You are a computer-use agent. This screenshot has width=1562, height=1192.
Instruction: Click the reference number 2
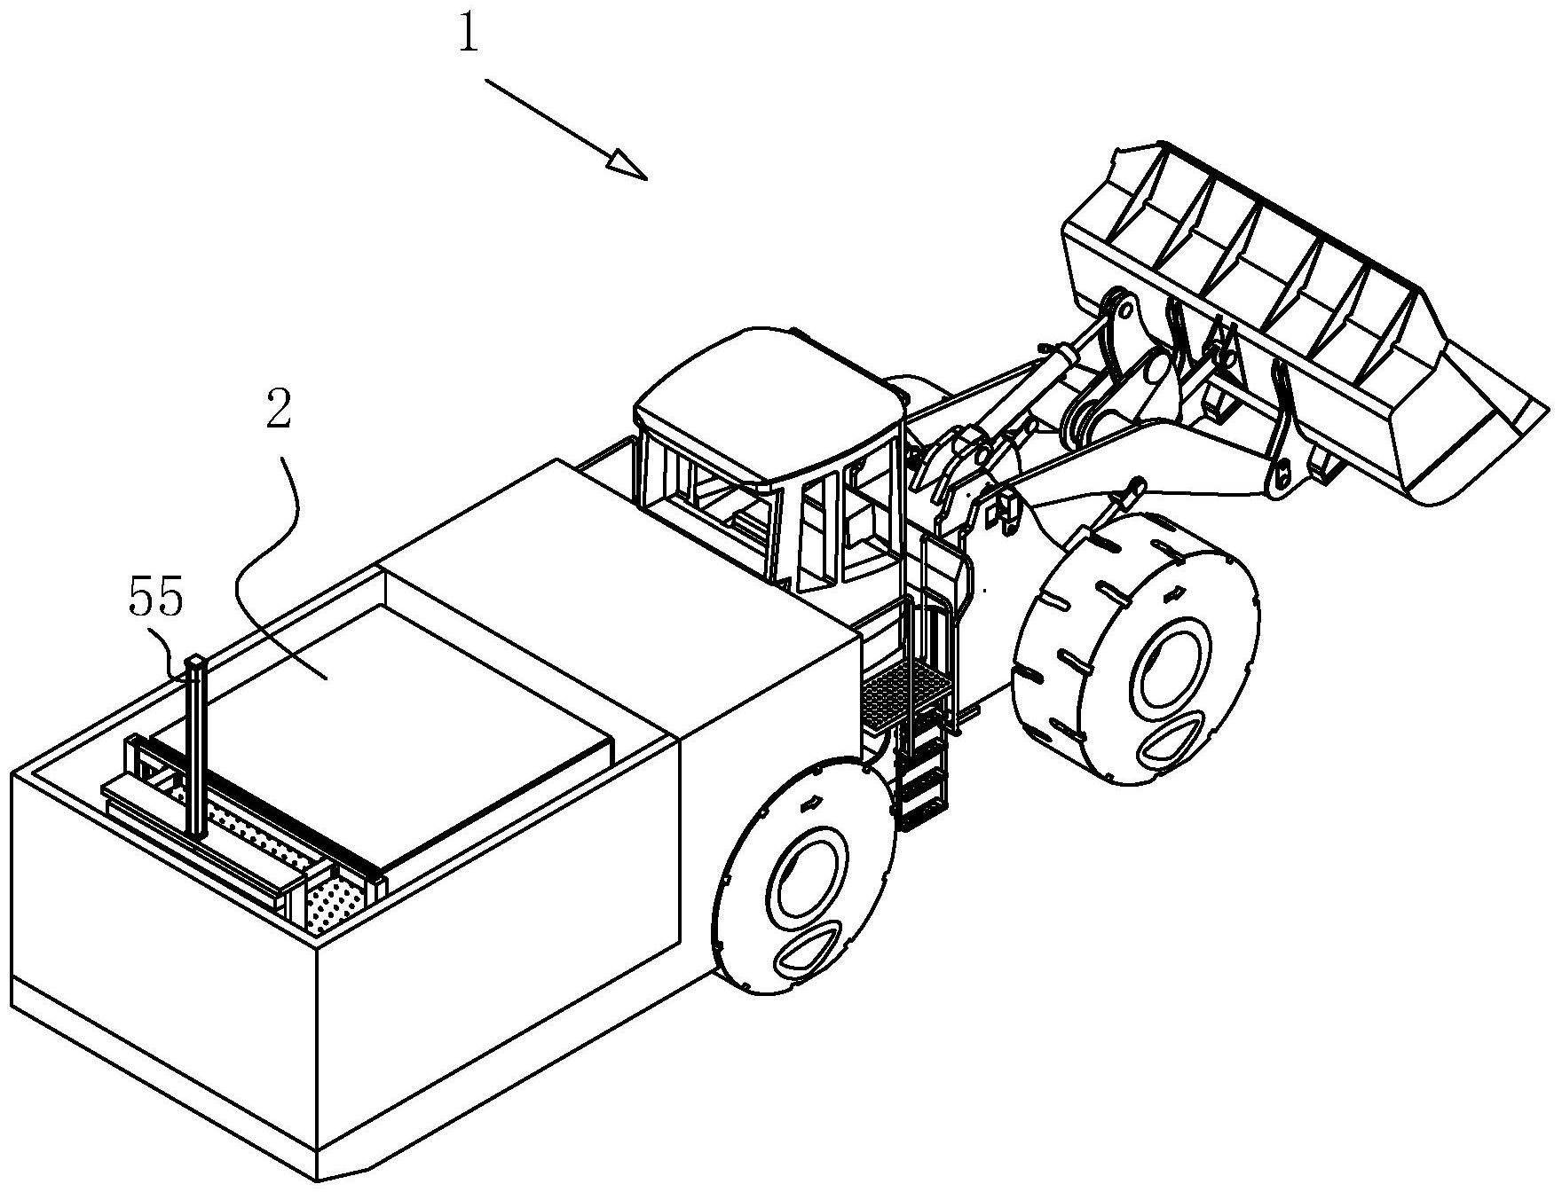point(279,412)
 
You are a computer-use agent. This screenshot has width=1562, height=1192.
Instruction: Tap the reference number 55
point(156,599)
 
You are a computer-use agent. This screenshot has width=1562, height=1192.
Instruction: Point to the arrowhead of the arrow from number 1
point(627,164)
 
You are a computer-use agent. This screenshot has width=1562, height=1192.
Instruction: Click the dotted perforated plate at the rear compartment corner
point(333,905)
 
